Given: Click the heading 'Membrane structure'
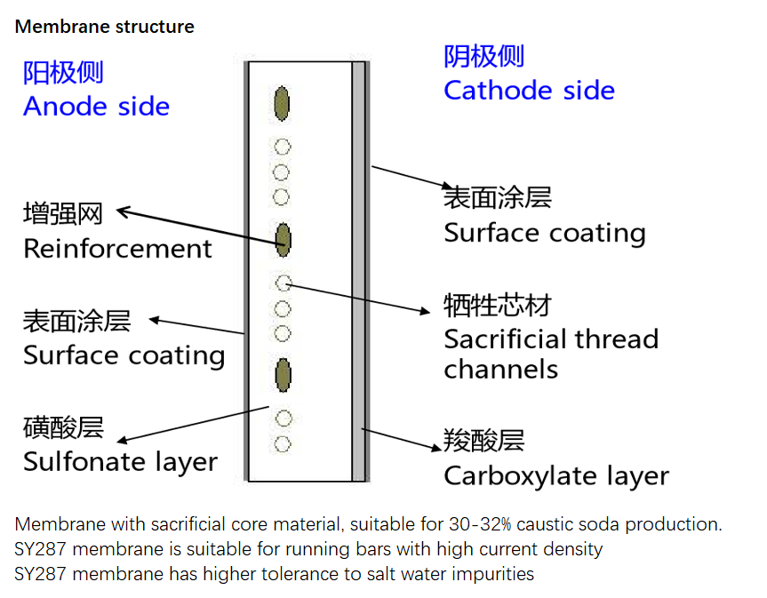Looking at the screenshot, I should [x=104, y=27].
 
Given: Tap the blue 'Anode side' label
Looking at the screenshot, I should [x=96, y=107].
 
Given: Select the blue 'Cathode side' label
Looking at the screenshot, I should [x=529, y=91].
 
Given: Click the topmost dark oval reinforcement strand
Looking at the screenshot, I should [x=283, y=103].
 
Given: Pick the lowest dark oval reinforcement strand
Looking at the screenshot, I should [x=284, y=375].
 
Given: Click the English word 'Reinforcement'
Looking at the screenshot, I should [x=117, y=249].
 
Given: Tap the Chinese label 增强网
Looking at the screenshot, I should [x=62, y=214].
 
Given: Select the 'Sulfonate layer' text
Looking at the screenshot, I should [x=120, y=462].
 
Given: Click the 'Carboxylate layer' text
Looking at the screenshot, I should [x=555, y=476].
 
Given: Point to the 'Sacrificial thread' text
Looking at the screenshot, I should [x=551, y=339].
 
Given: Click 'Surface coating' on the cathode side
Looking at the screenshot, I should [x=544, y=233].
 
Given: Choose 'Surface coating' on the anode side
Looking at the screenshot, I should [x=124, y=355].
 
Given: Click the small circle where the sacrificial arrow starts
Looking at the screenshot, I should [x=284, y=283].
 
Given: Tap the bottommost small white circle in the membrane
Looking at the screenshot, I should [x=283, y=443].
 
